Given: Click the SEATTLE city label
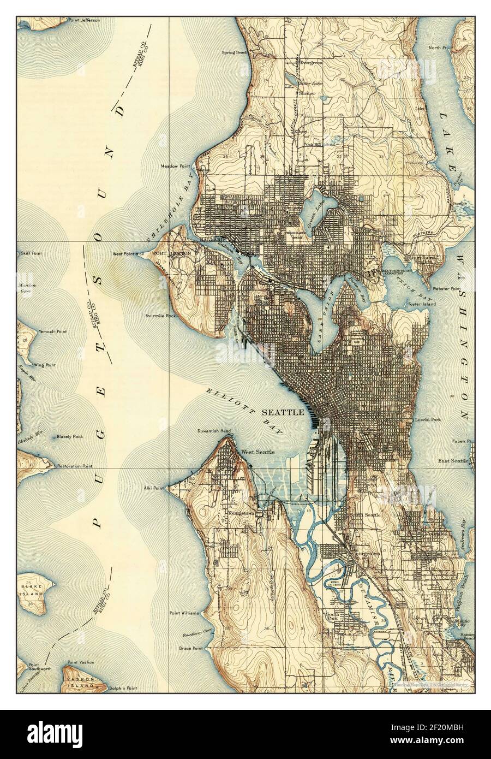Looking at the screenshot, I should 283,412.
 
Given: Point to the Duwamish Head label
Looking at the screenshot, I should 214,431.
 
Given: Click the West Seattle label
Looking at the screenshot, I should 258,452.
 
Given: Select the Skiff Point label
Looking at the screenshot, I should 32,254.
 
